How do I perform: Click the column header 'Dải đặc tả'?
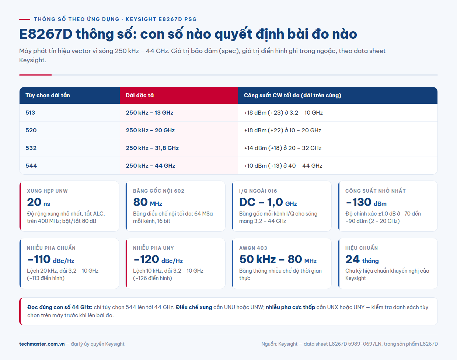(140, 95)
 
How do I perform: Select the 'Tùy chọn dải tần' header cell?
(48, 95)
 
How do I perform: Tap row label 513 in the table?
(30, 112)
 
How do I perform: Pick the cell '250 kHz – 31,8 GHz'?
(152, 148)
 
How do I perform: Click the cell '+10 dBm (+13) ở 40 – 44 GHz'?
(283, 166)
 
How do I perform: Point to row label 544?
(31, 166)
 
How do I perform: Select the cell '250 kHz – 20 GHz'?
(150, 130)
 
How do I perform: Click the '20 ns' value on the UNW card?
(38, 202)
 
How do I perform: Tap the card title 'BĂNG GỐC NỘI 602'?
(158, 191)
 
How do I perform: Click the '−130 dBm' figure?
(366, 202)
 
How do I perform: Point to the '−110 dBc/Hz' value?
(50, 259)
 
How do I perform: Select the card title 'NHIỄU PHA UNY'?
(153, 248)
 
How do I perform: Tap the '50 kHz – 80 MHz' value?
(278, 259)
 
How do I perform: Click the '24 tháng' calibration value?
(362, 259)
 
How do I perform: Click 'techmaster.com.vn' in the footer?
(42, 344)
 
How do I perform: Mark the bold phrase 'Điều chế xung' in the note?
(194, 307)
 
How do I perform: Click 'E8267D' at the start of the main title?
(46, 34)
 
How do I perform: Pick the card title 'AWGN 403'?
(253, 248)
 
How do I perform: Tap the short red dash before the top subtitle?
(25, 19)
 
